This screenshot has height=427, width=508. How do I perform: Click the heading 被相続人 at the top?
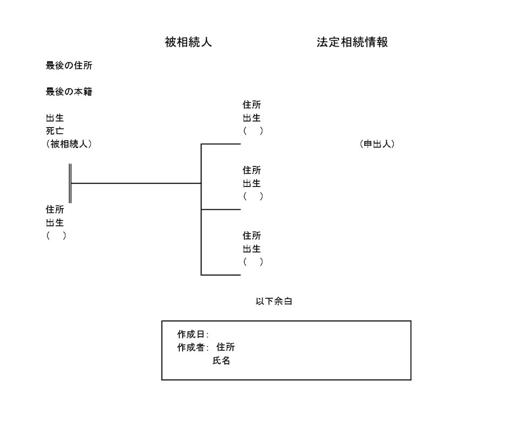click(188, 43)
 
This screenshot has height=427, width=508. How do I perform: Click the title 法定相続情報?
click(352, 43)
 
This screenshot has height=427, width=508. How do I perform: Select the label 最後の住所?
click(69, 66)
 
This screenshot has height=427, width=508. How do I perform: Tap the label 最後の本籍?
click(69, 92)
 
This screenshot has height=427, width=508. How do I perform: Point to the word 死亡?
click(55, 131)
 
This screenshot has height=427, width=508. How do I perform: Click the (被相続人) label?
click(69, 144)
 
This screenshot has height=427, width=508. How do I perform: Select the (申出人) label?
click(377, 144)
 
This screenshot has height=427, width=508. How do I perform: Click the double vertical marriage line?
click(70, 183)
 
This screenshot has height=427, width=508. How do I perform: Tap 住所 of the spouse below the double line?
click(55, 210)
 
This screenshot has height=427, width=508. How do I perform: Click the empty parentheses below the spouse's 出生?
click(56, 236)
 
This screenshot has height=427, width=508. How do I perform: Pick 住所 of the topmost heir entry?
click(252, 105)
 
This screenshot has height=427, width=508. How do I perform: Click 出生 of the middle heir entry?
click(252, 183)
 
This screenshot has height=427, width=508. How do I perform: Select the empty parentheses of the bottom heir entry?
click(253, 262)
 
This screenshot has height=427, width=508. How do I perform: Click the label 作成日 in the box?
click(192, 335)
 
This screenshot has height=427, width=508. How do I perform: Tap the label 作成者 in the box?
click(192, 348)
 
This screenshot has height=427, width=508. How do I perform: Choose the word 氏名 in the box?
click(221, 361)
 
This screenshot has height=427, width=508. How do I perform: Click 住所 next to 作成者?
click(225, 348)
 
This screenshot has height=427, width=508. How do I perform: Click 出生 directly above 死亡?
click(55, 118)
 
